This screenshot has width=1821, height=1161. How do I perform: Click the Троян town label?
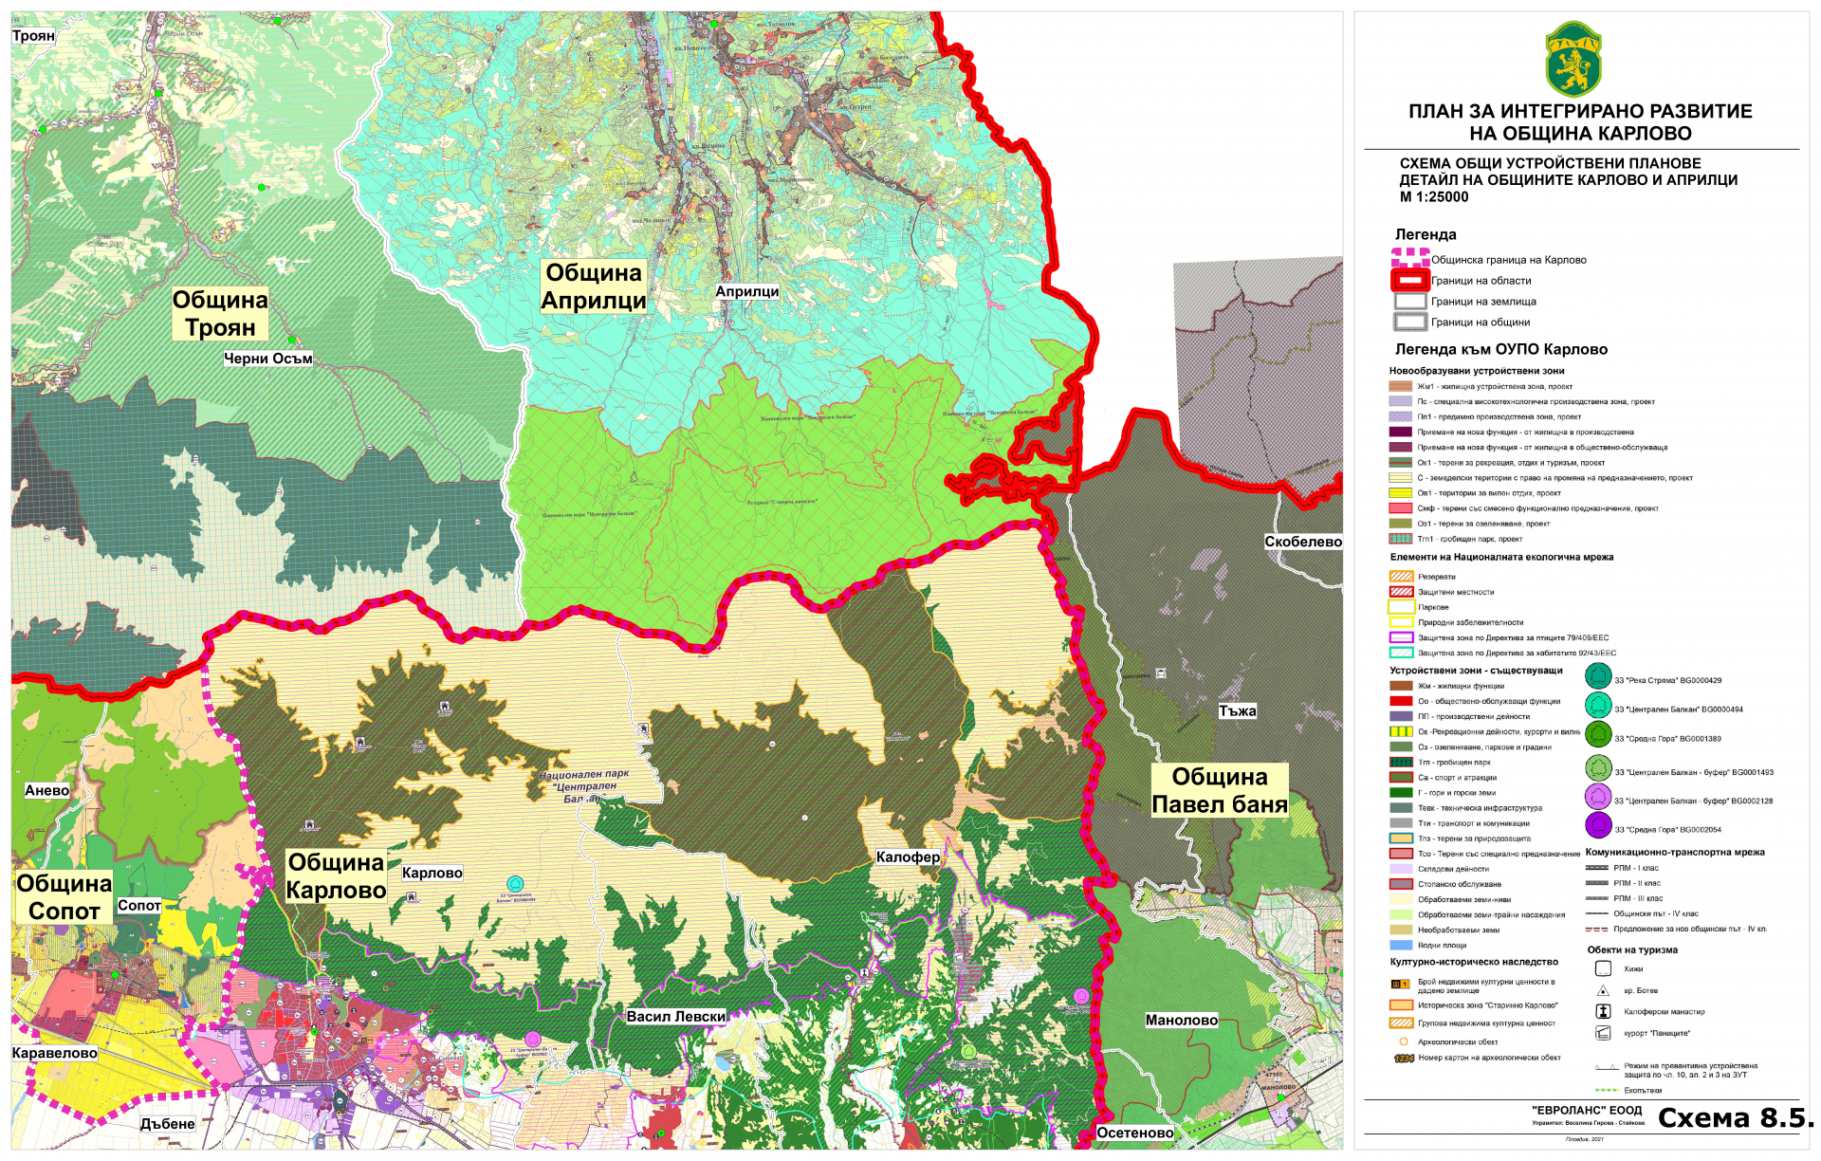[33, 36]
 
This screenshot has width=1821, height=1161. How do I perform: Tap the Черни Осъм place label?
[267, 359]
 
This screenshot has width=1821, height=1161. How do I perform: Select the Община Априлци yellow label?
[594, 286]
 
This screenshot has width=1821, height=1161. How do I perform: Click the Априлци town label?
[746, 291]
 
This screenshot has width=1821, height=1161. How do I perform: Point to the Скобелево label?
[1302, 542]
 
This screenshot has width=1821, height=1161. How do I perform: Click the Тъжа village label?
[1237, 710]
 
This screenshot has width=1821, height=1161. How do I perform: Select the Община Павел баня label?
[1219, 790]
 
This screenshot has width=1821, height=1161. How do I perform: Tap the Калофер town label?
[908, 857]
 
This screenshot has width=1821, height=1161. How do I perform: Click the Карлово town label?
[432, 873]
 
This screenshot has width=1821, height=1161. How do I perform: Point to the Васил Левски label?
[675, 1016]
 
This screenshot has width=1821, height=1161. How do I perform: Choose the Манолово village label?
[1181, 1020]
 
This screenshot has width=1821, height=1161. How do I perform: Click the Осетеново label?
[1134, 1133]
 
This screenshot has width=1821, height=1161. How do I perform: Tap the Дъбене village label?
[167, 1123]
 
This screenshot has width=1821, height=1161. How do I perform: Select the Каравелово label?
[54, 1053]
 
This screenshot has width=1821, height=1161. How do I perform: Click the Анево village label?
[46, 790]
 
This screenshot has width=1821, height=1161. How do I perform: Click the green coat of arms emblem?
[1573, 59]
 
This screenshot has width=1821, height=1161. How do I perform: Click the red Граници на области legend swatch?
[1409, 281]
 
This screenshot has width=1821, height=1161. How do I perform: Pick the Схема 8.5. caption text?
[1735, 1118]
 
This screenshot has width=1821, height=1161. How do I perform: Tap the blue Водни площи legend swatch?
[1401, 945]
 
